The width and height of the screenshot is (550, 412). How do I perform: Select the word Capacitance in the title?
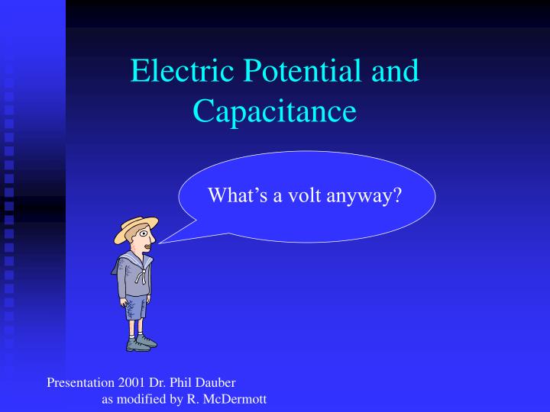click(x=274, y=111)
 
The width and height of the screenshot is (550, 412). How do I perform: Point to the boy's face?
click(x=144, y=242)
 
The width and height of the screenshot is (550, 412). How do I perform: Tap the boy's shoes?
click(x=141, y=343)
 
